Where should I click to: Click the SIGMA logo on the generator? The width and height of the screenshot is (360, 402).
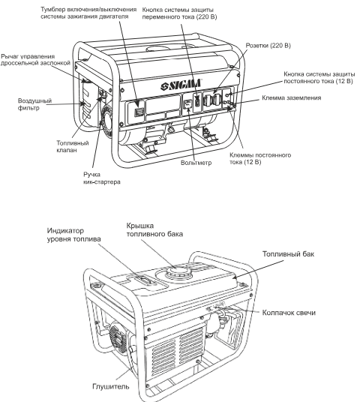click(181, 85)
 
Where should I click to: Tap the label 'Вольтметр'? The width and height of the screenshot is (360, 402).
click(196, 163)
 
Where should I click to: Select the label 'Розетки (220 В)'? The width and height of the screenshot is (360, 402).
click(268, 46)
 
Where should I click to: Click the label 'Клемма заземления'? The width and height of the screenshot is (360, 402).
click(292, 97)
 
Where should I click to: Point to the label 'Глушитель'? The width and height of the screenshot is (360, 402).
click(111, 386)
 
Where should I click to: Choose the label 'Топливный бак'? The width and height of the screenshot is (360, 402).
click(288, 254)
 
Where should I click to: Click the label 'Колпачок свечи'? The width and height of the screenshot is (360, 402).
click(289, 313)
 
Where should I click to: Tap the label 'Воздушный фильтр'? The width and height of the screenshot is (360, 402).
click(34, 104)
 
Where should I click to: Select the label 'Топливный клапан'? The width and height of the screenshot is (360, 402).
click(73, 146)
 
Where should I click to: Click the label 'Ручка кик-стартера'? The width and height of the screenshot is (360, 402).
click(102, 178)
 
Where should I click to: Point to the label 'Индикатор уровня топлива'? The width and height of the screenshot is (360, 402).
click(73, 235)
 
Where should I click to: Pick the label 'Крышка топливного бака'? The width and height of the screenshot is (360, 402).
click(154, 229)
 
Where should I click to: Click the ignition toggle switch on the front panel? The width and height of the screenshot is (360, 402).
click(139, 112)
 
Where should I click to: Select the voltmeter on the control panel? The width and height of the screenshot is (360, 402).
click(188, 104)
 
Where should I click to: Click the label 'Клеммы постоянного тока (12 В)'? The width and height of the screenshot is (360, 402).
click(260, 158)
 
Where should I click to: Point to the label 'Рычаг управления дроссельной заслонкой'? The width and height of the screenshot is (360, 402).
click(35, 60)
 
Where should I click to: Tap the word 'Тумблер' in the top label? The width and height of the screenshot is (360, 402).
click(53, 10)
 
